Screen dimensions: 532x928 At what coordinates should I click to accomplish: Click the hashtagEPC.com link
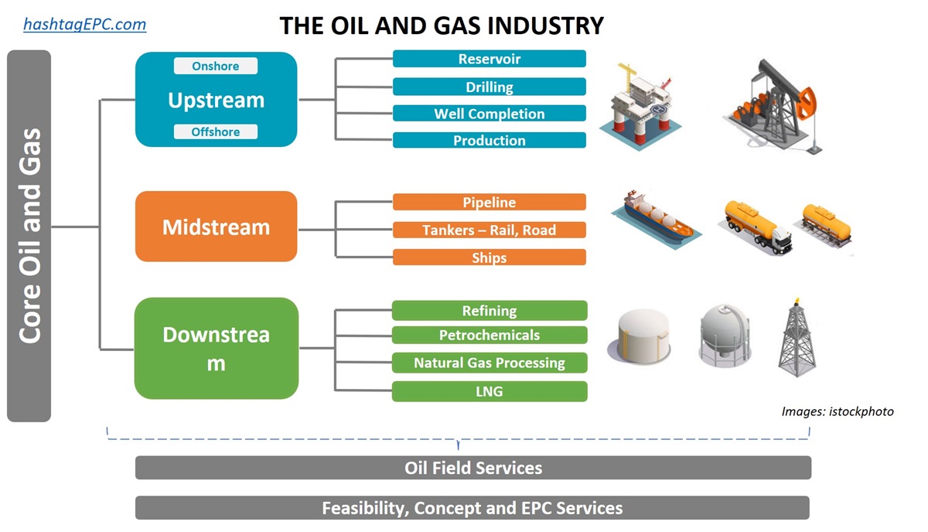tap(84, 24)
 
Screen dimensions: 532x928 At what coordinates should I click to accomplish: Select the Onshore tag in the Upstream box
tap(215, 66)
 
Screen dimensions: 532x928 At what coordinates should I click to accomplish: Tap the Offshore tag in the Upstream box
tap(215, 132)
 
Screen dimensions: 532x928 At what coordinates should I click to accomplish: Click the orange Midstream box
tap(216, 227)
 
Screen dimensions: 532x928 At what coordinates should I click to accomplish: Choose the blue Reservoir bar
tap(489, 60)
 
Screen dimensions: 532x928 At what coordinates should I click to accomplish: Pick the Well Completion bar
tap(489, 114)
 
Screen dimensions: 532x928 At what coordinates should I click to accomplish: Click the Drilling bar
tap(489, 87)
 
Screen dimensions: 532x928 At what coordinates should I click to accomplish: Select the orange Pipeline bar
tap(489, 203)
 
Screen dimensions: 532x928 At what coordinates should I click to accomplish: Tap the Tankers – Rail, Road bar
tap(489, 230)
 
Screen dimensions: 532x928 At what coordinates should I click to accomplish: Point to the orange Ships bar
tap(489, 257)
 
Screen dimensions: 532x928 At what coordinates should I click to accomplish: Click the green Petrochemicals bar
tap(489, 335)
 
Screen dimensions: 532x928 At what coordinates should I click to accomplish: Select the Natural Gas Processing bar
tap(489, 363)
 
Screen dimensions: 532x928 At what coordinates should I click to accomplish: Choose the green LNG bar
tap(489, 391)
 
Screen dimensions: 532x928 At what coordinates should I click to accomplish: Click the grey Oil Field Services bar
tap(473, 468)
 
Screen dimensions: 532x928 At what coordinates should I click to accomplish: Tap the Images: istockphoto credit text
tap(837, 411)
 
